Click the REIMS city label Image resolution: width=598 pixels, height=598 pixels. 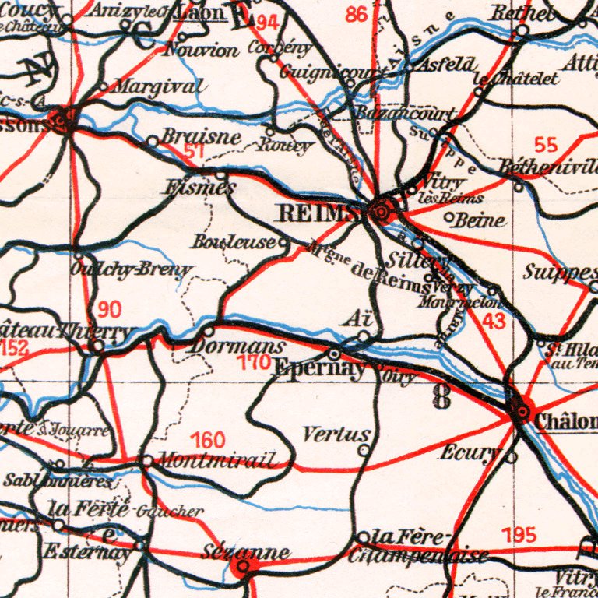point(318,213)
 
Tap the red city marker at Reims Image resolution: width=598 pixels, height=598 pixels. point(382,211)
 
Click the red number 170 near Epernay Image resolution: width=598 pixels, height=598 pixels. point(254,362)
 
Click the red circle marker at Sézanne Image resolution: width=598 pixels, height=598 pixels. point(242,568)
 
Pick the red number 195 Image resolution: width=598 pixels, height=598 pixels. point(519,536)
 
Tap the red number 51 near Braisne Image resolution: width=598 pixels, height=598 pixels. point(195,152)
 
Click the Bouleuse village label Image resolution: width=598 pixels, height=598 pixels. point(234,242)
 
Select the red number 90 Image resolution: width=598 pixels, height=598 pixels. point(109,310)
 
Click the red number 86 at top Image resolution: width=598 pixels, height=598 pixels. point(356,15)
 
